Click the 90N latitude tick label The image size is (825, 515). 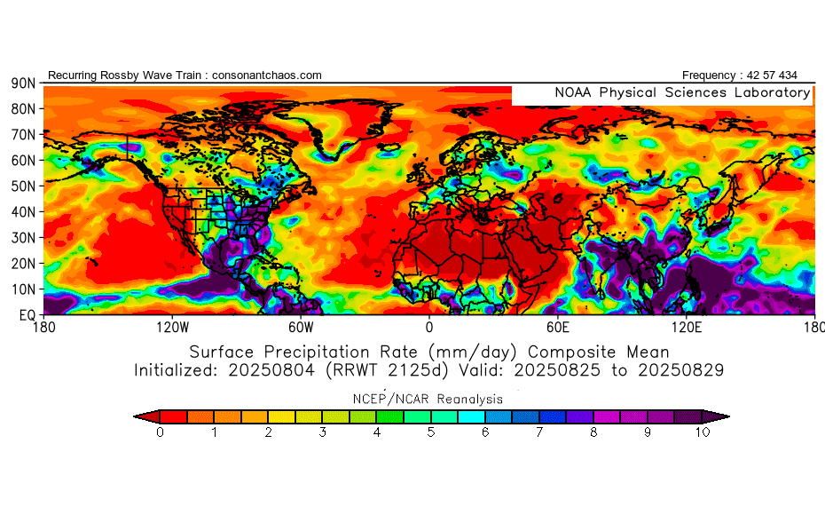[x=22, y=83]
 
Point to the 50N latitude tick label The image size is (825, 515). [x=22, y=186]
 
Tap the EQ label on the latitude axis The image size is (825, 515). [x=26, y=314]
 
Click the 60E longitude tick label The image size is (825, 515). [x=557, y=326]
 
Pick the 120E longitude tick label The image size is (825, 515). [x=686, y=326]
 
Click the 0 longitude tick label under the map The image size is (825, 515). [x=429, y=326]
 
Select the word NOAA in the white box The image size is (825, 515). [x=574, y=92]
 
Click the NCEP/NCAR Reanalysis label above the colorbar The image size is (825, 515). [x=429, y=399]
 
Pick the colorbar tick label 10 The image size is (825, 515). [x=703, y=433]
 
